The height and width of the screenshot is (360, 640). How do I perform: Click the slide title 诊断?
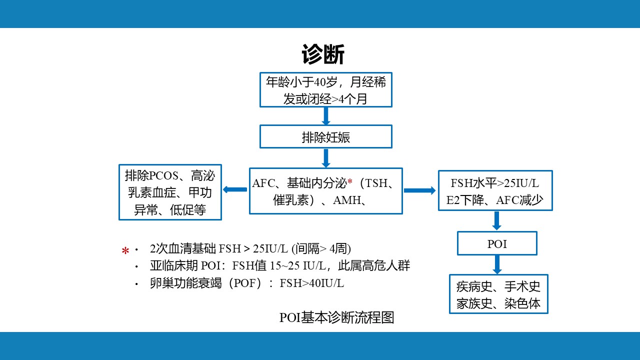point(323,54)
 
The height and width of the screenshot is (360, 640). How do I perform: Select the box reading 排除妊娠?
point(325,137)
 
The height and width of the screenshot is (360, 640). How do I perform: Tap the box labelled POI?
point(497,243)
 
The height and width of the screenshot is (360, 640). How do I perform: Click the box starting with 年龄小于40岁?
point(325,90)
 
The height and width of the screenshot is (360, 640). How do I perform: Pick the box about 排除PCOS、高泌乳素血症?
point(170,192)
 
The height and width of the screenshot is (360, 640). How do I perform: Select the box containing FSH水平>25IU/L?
point(495,190)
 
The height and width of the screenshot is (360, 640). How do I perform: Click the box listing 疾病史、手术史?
point(498,294)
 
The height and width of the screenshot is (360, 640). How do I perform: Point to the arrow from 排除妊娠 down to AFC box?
point(326,157)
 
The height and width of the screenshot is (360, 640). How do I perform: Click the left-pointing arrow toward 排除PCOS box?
point(235,189)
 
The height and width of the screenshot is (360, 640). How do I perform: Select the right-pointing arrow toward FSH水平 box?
point(419,190)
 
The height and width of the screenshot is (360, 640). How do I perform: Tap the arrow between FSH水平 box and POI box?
point(497,220)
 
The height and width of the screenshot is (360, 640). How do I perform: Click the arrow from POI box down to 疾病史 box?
point(497,264)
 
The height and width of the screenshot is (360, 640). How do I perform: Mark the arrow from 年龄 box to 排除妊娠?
point(326,116)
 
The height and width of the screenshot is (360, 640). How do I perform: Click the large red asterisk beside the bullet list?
point(125,250)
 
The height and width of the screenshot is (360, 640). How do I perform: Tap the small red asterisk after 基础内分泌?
point(350,182)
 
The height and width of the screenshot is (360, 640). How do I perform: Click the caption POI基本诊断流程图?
point(336,317)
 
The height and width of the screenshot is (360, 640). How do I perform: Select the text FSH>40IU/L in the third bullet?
point(311,283)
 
